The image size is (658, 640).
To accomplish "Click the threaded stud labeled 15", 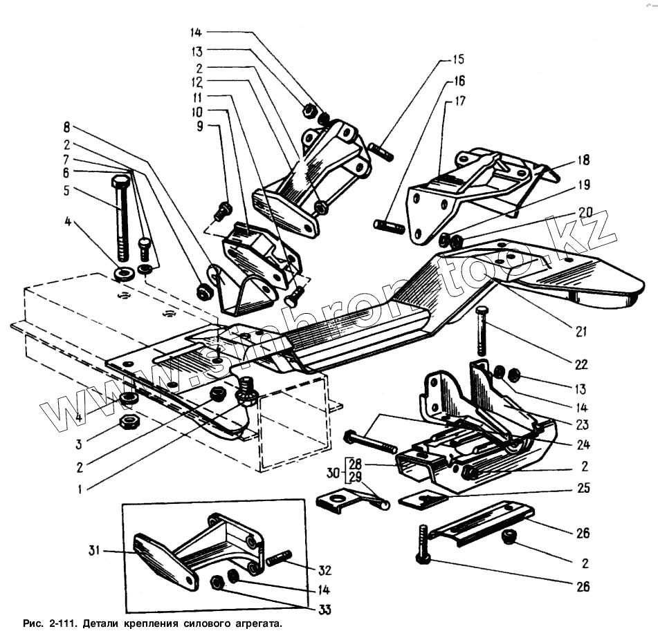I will pos(381,151).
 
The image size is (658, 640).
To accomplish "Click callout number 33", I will pos(325,610).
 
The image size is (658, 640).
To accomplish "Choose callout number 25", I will pos(583,488).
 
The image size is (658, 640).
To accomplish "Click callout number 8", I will pos(67,127).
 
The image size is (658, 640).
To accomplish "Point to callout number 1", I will pos(81,489).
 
